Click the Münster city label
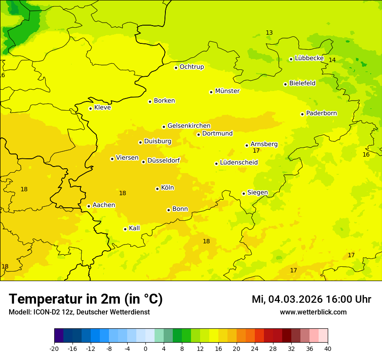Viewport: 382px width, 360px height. pos(227,91)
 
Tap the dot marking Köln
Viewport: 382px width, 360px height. pos(157,189)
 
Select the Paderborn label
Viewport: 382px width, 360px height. pos(321,113)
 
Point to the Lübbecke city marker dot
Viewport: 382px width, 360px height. pos(291,59)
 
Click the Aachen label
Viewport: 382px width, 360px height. pos(104,205)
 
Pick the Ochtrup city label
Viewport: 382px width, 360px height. pos(191,67)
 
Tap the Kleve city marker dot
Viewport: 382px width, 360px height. pos(90,108)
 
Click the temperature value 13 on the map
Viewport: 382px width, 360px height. pos(269,33)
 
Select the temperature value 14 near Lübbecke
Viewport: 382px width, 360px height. pos(332,60)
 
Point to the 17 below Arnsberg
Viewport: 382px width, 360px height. pos(256,151)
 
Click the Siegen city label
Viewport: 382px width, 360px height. pos(257,193)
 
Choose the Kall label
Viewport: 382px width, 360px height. pos(134,228)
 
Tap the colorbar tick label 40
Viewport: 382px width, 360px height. pos(328,349)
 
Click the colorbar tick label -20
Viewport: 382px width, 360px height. pos(54,349)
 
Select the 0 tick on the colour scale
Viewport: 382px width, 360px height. pos(145,349)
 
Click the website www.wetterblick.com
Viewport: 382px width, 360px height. pos(313,312)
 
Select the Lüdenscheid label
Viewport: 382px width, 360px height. pos(239,163)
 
